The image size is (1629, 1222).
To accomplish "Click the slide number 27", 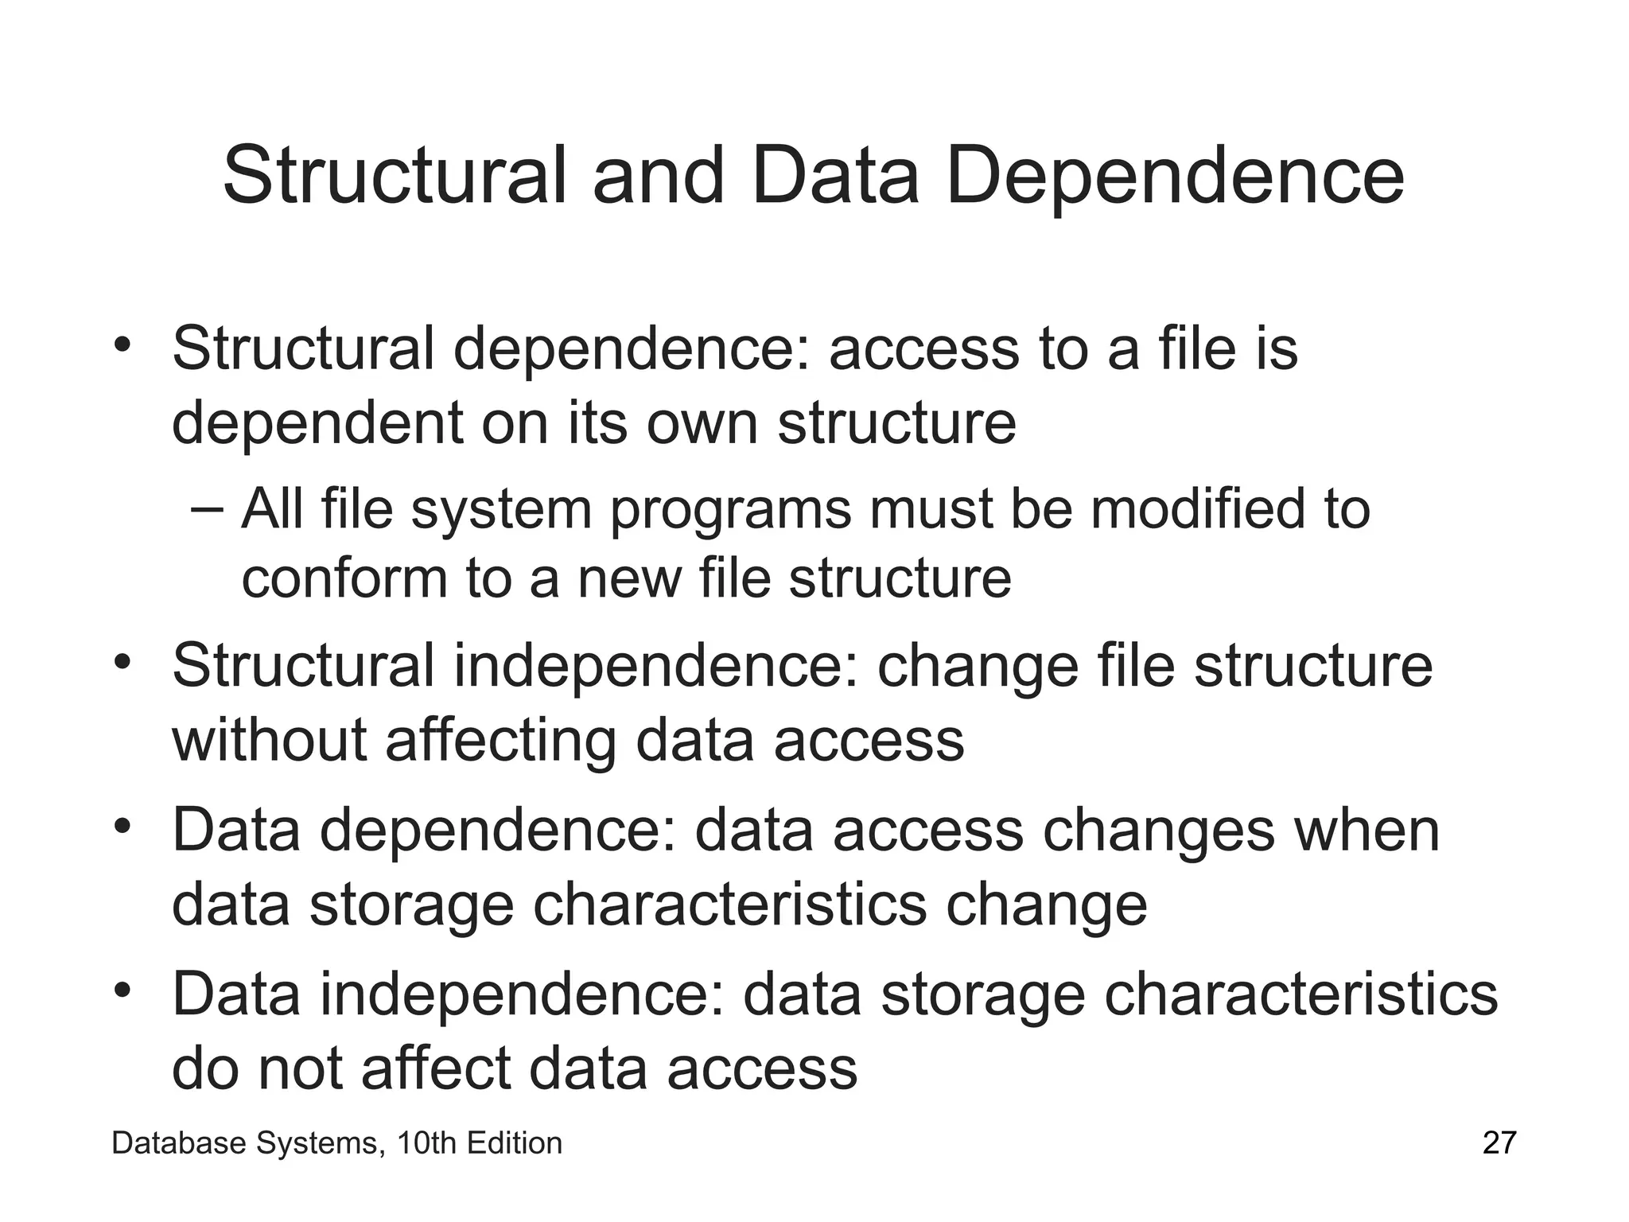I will tap(1499, 1143).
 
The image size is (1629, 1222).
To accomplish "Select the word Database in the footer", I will tap(179, 1143).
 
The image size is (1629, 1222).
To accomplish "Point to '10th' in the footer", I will tap(426, 1143).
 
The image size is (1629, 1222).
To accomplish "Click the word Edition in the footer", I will tap(515, 1143).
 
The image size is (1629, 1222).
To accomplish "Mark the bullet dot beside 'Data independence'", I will tap(121, 991).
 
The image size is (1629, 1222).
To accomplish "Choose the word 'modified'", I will tap(1197, 509).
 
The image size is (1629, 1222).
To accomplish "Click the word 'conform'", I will tap(344, 579).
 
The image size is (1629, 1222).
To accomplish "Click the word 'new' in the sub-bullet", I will tap(628, 579).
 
